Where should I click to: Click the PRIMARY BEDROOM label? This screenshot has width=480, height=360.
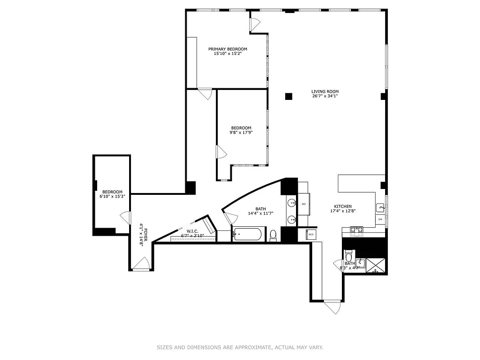[x=227, y=49]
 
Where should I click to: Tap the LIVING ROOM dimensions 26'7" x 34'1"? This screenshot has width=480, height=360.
[x=325, y=96]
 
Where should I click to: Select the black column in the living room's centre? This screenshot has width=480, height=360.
[x=288, y=96]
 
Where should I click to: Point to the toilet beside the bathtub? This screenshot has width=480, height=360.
[x=273, y=235]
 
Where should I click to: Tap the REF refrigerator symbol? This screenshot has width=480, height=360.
[x=304, y=204]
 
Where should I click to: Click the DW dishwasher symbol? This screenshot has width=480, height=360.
[x=380, y=219]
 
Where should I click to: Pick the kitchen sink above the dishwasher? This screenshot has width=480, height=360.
[x=380, y=208]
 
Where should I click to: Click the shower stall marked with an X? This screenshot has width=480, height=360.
[x=376, y=265]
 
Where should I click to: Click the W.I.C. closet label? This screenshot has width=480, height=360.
[x=193, y=231]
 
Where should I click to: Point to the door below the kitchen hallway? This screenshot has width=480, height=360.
[x=333, y=307]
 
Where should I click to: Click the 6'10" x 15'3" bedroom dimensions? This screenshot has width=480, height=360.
[x=112, y=197]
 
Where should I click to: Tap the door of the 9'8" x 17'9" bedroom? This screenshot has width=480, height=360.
[x=220, y=152]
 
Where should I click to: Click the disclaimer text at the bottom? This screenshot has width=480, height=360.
[x=240, y=347]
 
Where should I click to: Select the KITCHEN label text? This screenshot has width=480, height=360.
[x=343, y=207]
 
